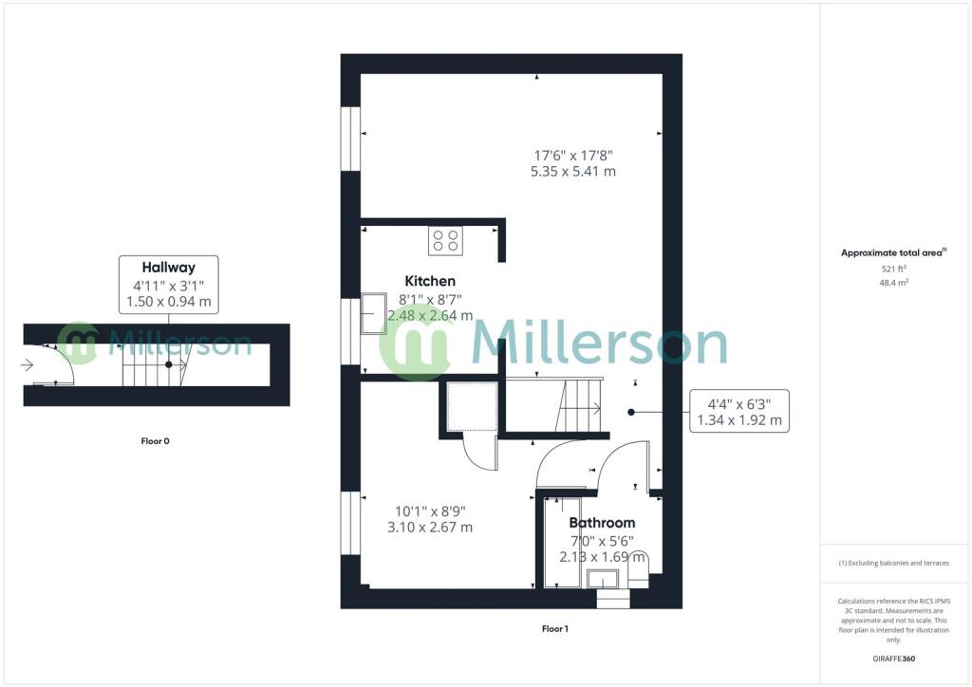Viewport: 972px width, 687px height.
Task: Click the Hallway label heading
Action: tap(169, 268)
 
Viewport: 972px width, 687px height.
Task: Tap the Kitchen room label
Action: tap(430, 281)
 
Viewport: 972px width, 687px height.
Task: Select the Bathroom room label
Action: tap(602, 523)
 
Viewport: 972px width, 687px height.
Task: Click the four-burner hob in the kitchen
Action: tap(445, 241)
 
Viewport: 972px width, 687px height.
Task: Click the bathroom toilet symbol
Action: tap(638, 569)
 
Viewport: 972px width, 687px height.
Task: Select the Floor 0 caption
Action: tap(155, 441)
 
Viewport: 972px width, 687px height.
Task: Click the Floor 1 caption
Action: tap(554, 629)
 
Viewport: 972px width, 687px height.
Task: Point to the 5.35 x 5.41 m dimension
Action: tap(573, 172)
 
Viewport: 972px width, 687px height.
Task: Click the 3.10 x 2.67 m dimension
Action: tap(430, 528)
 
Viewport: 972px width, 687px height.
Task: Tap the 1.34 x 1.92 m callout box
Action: tap(739, 411)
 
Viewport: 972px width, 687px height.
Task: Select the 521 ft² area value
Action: tap(894, 269)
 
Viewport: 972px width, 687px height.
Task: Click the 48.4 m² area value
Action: tap(894, 283)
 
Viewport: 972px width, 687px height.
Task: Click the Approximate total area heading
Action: tap(893, 252)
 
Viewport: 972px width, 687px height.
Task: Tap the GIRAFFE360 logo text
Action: tap(894, 659)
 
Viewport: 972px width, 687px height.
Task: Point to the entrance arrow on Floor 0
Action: tap(27, 365)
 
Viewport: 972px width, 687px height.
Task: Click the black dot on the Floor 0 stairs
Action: tap(169, 365)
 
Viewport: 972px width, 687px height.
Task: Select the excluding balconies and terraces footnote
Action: tap(894, 563)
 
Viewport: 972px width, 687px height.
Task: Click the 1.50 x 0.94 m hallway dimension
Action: tap(169, 302)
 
